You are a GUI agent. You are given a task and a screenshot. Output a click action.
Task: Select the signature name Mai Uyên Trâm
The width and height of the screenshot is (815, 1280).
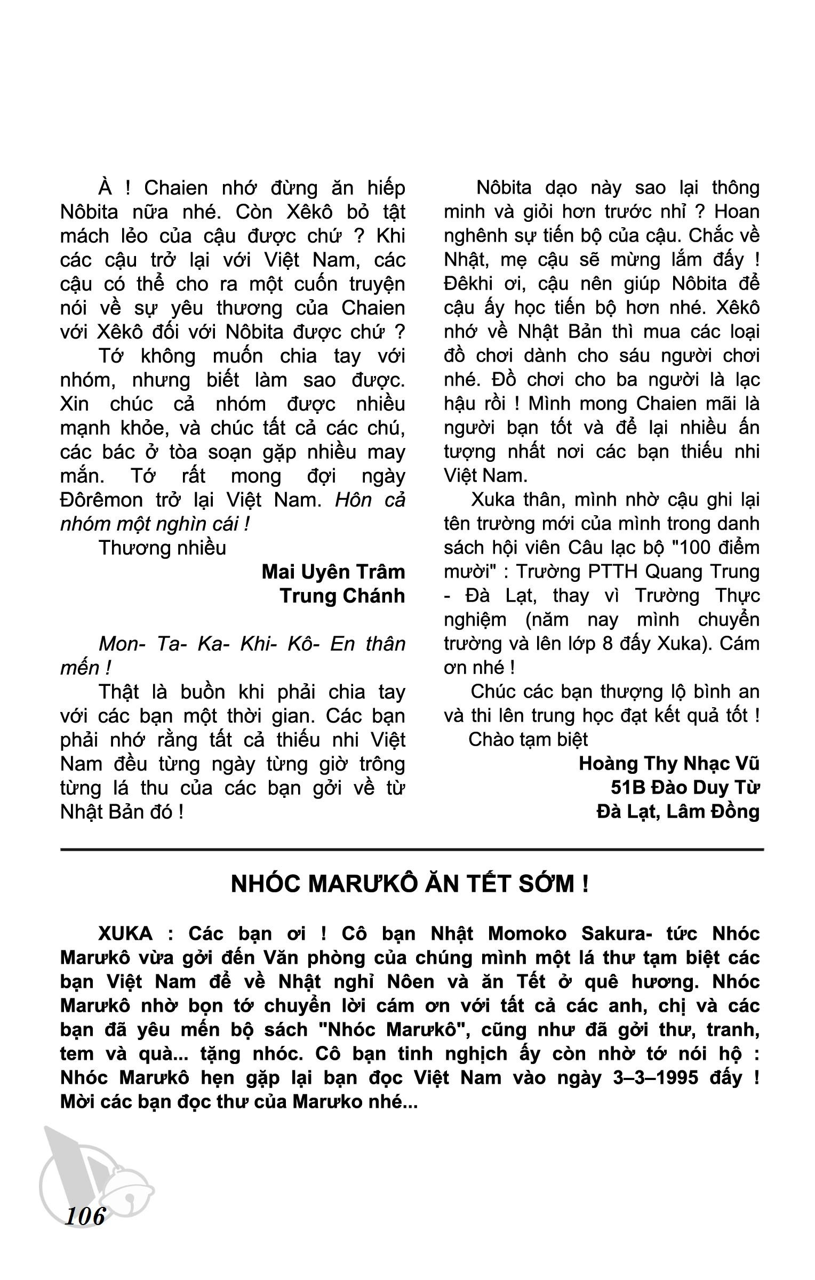point(333,572)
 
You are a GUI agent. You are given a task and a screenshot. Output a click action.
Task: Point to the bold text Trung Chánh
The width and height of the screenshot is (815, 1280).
point(342,596)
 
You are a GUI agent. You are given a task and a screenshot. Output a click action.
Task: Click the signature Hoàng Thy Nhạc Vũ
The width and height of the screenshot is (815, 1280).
point(669,764)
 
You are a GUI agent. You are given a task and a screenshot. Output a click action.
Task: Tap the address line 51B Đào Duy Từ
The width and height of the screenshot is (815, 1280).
point(685,788)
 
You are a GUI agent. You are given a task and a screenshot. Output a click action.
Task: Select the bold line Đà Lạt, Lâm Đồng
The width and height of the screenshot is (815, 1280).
point(678,812)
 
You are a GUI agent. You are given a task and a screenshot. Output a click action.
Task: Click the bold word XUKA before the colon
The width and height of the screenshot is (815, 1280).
point(125,934)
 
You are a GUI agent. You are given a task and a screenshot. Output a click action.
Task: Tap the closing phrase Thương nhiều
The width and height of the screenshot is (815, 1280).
point(163,548)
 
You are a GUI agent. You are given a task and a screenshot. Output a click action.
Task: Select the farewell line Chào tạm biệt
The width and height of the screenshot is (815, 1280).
point(528,740)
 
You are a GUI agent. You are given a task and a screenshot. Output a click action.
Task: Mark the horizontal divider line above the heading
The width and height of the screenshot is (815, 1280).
point(412,849)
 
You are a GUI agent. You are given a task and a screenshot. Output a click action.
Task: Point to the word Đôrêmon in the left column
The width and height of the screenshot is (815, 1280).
point(102,500)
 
